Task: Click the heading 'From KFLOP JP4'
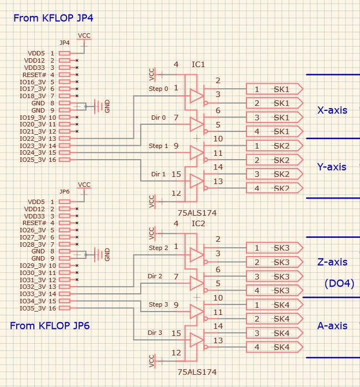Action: click(53, 18)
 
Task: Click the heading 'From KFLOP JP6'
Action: click(50, 325)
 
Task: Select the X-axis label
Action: click(332, 110)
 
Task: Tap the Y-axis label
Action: click(332, 167)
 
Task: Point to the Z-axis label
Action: click(332, 262)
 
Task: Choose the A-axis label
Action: click(332, 325)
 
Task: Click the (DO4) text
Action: click(339, 284)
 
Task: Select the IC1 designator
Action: click(198, 65)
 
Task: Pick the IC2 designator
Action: click(198, 224)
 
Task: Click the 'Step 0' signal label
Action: click(158, 89)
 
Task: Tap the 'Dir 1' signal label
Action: click(159, 174)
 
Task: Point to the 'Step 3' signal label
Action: click(158, 304)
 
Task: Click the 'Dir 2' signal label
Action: click(155, 276)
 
